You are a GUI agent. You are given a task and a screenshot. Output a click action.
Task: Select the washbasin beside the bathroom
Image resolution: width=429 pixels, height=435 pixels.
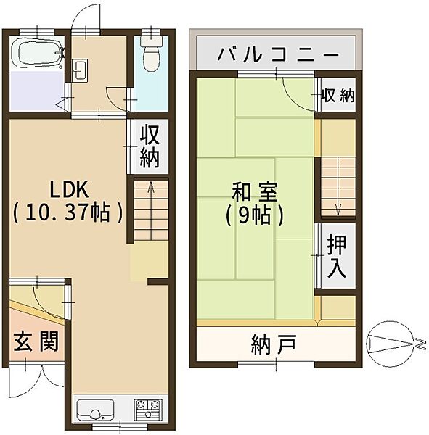pyautogui.click(x=81, y=71)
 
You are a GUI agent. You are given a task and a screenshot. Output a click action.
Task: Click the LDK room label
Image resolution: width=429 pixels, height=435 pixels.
pyautogui.click(x=68, y=190)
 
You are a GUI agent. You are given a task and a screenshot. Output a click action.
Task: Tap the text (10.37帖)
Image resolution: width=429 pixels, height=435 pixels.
pyautogui.click(x=68, y=213)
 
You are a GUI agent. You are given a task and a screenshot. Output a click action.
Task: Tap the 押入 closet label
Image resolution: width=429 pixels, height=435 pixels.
pyautogui.click(x=335, y=255)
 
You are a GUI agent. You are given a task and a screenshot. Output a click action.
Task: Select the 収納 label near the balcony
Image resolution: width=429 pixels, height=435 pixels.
pyautogui.click(x=338, y=96)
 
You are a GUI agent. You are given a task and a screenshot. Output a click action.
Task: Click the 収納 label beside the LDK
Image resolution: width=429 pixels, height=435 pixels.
pyautogui.click(x=150, y=146)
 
